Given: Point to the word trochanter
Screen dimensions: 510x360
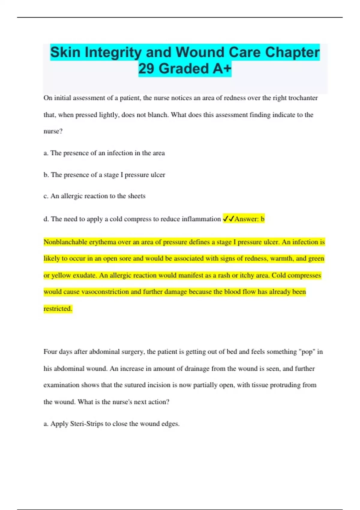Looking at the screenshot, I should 303,98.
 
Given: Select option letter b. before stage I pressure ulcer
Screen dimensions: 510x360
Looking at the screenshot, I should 46,175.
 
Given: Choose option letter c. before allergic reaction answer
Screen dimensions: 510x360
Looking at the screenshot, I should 46,196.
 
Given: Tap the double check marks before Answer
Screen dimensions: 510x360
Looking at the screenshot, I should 228,219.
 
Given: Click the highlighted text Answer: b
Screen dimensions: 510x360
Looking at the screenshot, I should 249,219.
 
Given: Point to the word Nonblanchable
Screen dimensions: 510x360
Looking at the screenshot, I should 65,242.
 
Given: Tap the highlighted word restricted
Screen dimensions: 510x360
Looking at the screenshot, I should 58,309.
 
